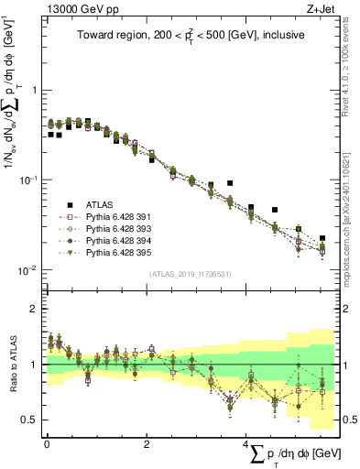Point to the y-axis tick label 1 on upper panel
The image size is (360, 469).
tap(34, 91)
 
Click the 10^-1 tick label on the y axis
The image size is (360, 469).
tap(29, 180)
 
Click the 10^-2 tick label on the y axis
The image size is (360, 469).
tap(29, 269)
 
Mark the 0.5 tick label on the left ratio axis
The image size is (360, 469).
tap(30, 420)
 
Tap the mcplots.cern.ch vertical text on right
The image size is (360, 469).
tap(345, 211)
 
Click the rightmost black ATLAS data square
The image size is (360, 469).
tap(322, 238)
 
